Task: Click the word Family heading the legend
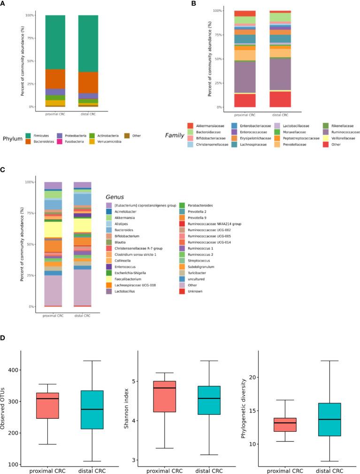coord(174,135)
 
